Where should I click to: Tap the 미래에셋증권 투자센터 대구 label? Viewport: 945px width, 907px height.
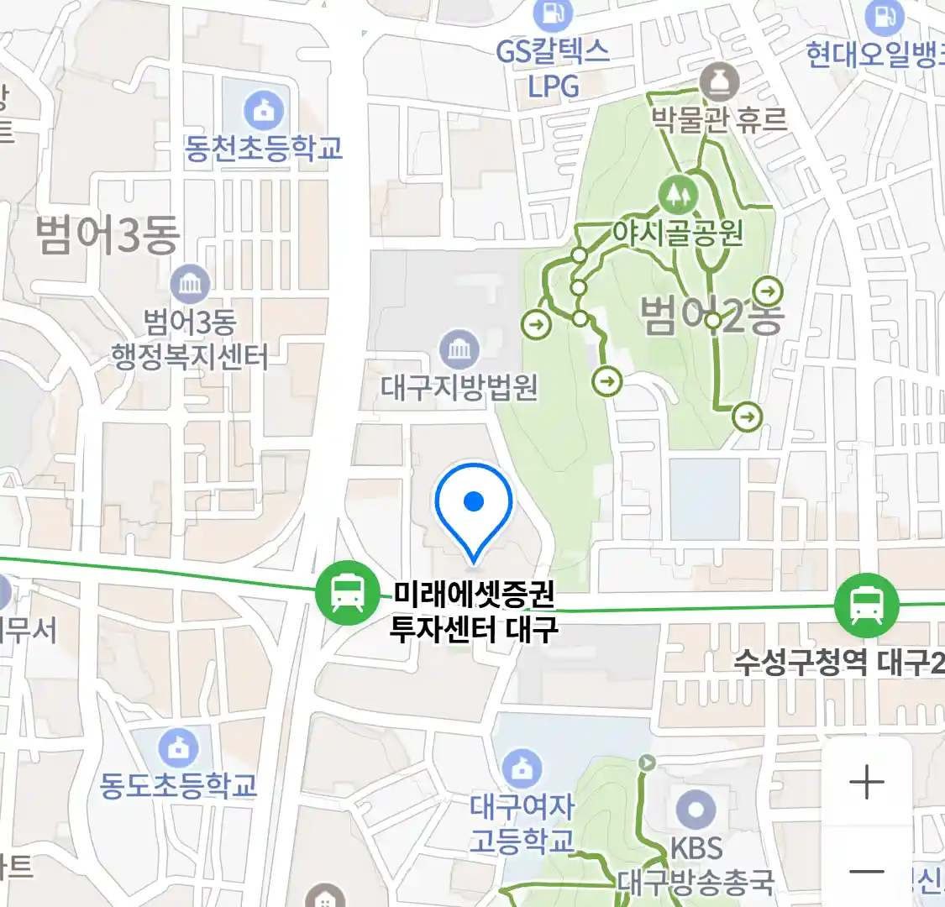(474, 611)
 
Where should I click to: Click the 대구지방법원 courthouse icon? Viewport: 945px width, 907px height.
(459, 349)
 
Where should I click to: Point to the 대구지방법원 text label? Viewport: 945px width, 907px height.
(459, 387)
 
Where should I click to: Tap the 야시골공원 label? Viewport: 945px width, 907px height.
(677, 231)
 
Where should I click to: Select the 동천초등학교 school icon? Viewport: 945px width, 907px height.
(264, 111)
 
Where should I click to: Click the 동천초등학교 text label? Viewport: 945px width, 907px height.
(264, 149)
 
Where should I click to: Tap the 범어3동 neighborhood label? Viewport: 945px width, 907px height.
(108, 234)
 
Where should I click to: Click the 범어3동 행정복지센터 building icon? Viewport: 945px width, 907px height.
(190, 285)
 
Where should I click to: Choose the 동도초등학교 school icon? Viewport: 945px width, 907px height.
(178, 747)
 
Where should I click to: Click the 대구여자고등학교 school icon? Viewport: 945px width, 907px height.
(522, 768)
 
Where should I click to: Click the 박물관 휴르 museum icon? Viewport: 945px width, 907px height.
(719, 82)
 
